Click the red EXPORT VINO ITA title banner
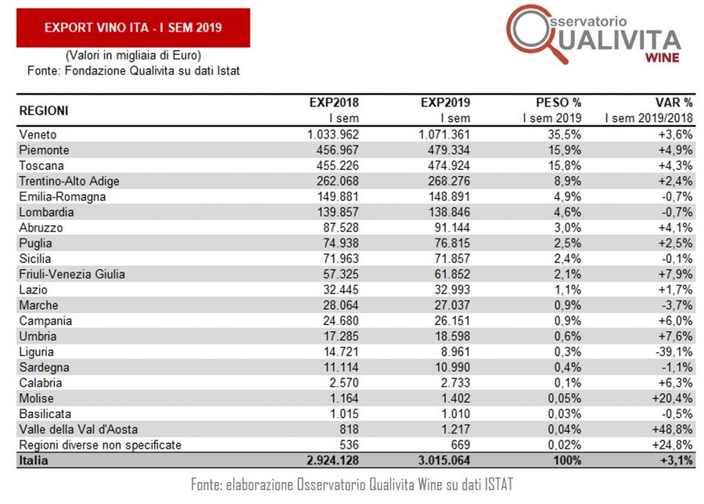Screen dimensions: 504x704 (x=133, y=28)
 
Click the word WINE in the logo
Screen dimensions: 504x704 (x=661, y=58)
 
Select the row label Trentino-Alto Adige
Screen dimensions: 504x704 (x=69, y=181)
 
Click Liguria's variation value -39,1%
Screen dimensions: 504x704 (x=674, y=351)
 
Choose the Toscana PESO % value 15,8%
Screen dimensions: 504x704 (x=566, y=166)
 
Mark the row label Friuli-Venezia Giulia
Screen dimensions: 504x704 (x=72, y=274)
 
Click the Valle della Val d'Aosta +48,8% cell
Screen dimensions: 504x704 (x=673, y=429)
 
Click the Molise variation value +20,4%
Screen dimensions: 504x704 (x=673, y=398)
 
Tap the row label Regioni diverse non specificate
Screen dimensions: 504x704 (x=100, y=445)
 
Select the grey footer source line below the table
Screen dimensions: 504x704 (x=351, y=485)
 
